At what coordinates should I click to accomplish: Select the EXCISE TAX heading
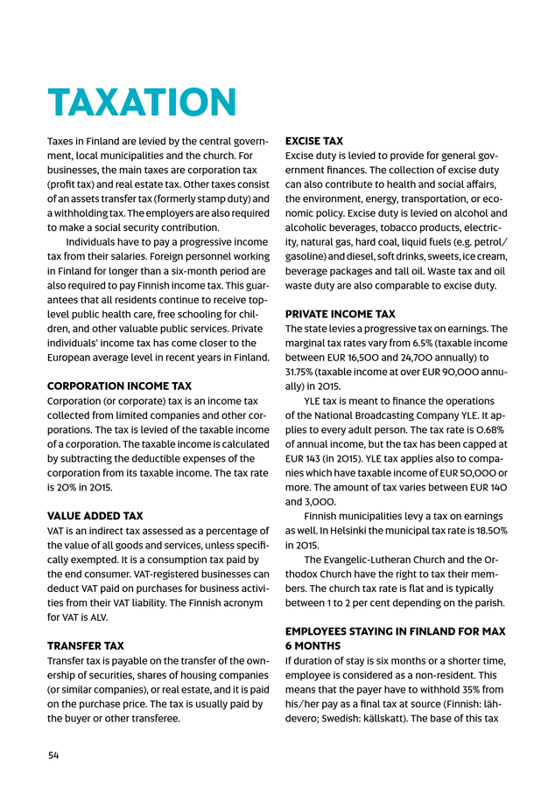[314, 141]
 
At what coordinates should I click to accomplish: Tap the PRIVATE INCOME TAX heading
[341, 314]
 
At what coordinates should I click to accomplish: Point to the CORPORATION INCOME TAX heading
[119, 386]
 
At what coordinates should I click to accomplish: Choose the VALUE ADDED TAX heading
[95, 516]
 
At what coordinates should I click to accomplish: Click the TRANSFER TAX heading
[86, 646]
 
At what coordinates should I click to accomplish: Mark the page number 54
[53, 755]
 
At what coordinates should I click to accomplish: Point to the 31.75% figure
[302, 372]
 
